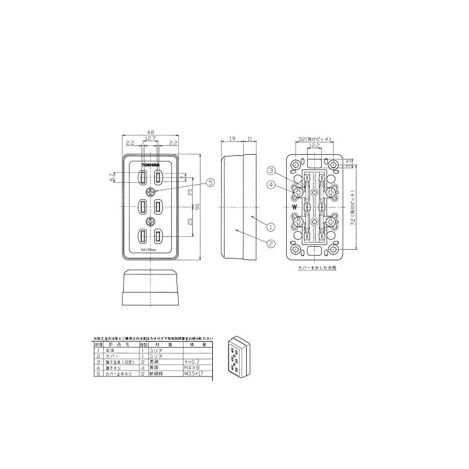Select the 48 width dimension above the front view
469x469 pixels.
(151, 133)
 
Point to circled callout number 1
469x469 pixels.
(271, 226)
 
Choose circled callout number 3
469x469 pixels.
(271, 171)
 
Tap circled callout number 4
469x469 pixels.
(271, 186)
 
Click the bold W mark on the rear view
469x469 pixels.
(293, 208)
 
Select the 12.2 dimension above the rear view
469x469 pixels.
(315, 144)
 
